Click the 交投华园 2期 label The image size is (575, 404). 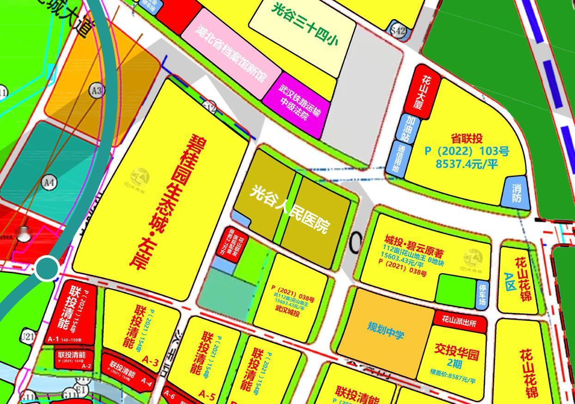click(x=456, y=358)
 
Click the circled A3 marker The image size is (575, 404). click(x=96, y=91)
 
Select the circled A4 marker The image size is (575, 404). click(x=49, y=182)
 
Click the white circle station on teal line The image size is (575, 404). click(x=47, y=268)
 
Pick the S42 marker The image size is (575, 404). click(x=398, y=31)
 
